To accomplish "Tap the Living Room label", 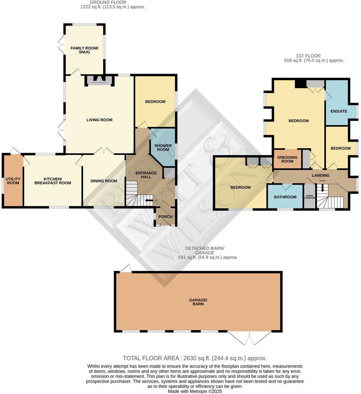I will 99,120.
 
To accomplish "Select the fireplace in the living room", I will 99,80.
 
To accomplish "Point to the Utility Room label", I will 13,181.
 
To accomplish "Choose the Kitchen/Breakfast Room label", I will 57,181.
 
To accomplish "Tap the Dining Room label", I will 103,181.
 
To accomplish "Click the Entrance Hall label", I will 146,175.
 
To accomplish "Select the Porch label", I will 165,217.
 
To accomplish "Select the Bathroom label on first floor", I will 285,197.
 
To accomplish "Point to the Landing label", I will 320,175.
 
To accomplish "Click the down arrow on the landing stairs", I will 322,188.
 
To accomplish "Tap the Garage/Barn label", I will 198,302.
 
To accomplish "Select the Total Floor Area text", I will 195,358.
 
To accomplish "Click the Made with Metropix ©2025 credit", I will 195,391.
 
